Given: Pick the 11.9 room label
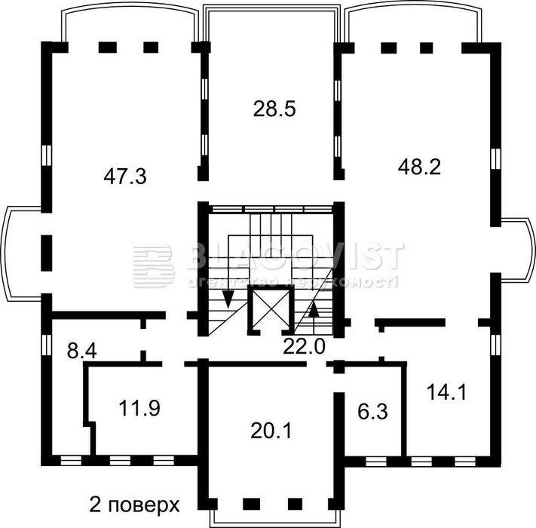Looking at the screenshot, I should point(139,408).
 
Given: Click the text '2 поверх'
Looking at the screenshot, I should point(133,504).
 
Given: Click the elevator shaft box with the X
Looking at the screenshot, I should point(268,309).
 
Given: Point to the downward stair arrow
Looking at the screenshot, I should point(228,302).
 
